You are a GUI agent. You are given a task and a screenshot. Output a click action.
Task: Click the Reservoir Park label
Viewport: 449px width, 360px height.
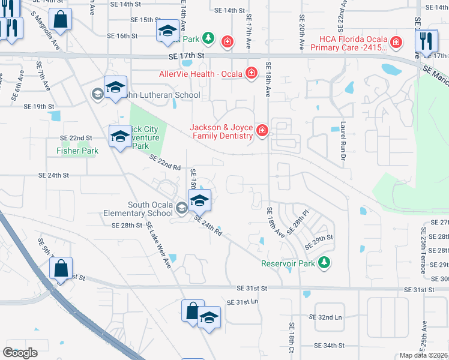coord(288,263)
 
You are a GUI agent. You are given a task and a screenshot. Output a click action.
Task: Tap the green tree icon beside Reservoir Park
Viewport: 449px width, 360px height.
coord(324,262)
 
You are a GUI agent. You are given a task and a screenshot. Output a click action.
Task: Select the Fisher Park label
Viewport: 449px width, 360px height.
coord(77,151)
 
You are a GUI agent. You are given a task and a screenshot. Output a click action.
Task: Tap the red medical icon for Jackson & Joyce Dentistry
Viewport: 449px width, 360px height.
coord(262,130)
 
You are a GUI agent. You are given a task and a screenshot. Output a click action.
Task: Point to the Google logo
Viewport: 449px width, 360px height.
coord(20,353)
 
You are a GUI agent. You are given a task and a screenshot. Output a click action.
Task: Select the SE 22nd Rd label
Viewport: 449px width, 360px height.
coord(165,163)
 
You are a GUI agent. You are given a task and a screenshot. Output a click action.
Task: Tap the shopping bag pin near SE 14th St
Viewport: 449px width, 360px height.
coord(61,20)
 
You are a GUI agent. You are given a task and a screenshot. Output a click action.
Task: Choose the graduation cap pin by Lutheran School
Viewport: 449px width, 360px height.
coord(115,88)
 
